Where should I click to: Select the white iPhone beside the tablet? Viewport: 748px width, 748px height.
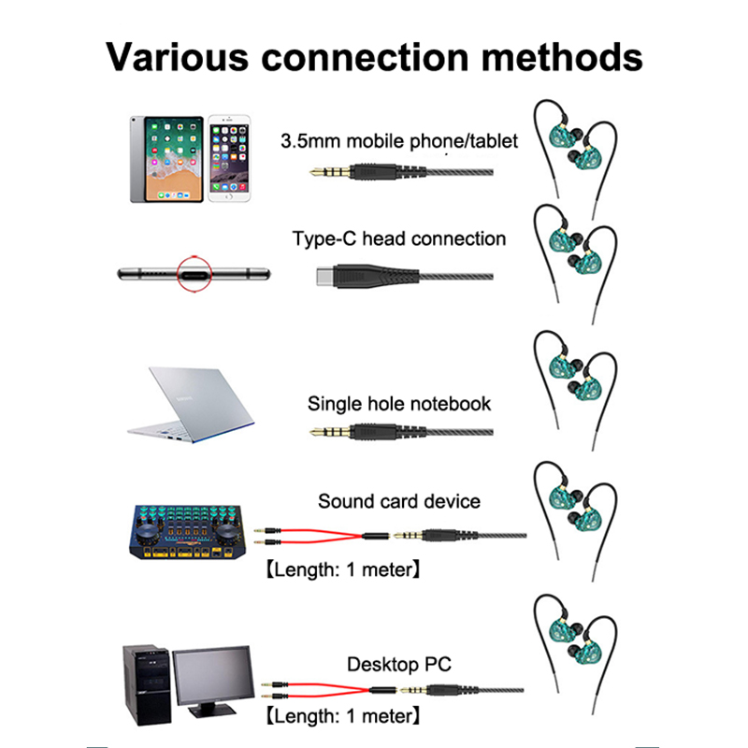(230, 159)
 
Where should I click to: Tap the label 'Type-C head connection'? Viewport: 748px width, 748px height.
(399, 238)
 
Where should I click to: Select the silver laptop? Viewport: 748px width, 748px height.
(193, 403)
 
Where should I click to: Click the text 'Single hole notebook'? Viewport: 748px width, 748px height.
(399, 404)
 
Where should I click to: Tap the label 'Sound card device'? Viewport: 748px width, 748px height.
(399, 501)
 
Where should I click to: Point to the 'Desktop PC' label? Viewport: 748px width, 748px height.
(399, 665)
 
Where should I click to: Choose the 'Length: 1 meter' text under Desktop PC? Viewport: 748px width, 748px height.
(341, 717)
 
